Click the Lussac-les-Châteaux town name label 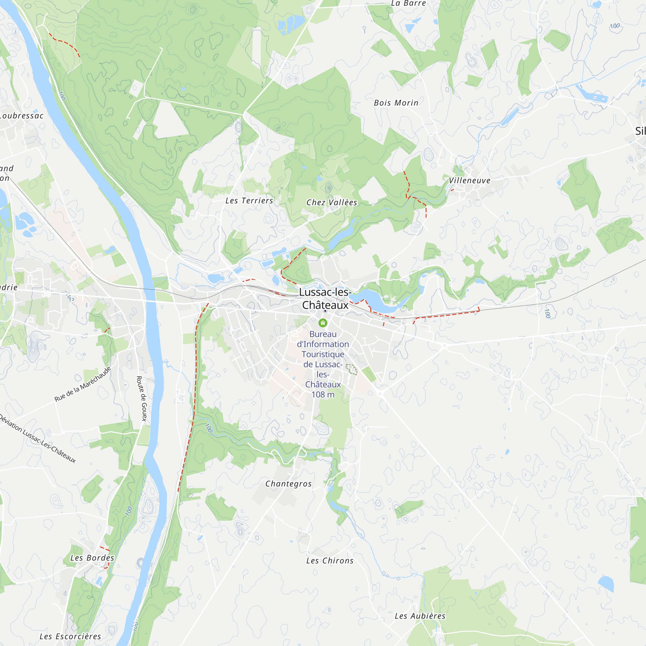(x=325, y=298)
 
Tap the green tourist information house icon (x=323, y=323)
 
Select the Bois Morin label (x=396, y=103)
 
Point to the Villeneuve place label (x=469, y=181)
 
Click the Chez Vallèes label (x=332, y=203)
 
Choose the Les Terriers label (x=249, y=201)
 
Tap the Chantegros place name (x=288, y=484)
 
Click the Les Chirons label (x=330, y=561)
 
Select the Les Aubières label (x=420, y=616)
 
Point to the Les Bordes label (x=92, y=558)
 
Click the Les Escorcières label (x=70, y=636)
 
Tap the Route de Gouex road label (x=142, y=398)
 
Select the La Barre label (x=409, y=3)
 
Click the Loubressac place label (x=22, y=116)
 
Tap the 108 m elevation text (x=323, y=395)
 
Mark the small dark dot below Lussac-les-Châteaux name (x=325, y=311)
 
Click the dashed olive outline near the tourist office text (x=351, y=369)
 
